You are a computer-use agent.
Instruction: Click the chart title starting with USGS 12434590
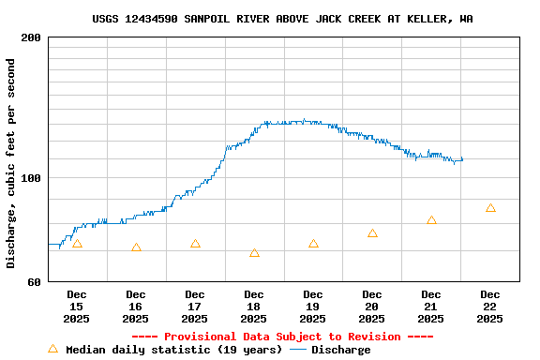(282, 19)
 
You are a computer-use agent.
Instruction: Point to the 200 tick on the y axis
(31, 37)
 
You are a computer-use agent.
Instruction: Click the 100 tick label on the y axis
(31, 178)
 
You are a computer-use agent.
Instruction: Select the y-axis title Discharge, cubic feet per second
(11, 163)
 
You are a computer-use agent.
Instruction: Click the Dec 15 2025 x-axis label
(76, 307)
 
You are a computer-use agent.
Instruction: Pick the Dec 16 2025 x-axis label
(135, 307)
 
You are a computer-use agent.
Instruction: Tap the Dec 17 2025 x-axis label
(194, 307)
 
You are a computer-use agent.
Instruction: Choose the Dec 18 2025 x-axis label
(253, 307)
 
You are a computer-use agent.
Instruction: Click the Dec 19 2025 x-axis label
(312, 307)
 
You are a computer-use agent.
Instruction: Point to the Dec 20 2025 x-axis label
(371, 307)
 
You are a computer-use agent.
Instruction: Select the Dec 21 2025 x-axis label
(430, 307)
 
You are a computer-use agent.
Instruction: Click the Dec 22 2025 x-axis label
(489, 307)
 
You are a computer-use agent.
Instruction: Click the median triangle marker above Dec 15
(77, 244)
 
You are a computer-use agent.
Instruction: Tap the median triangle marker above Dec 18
(254, 253)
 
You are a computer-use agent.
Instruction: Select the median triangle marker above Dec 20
(372, 233)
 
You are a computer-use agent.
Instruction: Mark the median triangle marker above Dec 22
(490, 208)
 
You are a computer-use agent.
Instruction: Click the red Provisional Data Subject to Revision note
(282, 337)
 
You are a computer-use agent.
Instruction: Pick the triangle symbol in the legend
(53, 349)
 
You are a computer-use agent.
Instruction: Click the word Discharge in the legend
(340, 350)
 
